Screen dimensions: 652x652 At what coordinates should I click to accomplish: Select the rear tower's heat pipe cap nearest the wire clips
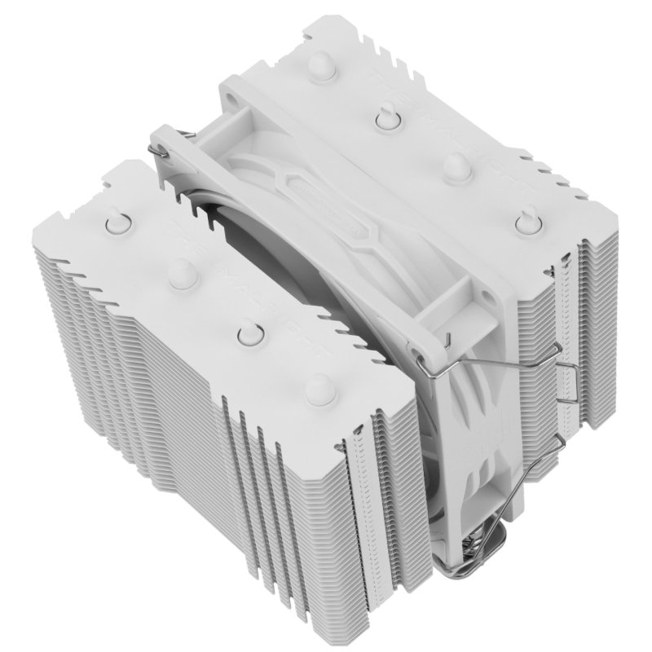(x=522, y=221)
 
